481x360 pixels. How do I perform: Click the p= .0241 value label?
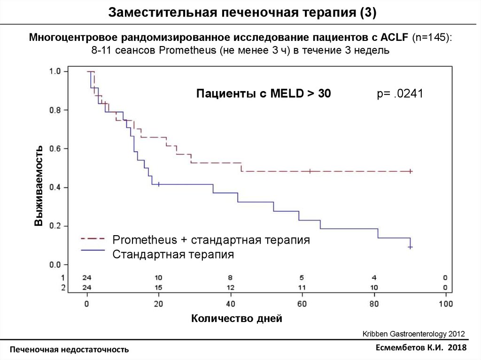400,94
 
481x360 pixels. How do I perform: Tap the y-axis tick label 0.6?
55,149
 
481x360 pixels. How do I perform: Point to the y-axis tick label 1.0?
55,71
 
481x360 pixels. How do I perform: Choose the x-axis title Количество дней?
237,319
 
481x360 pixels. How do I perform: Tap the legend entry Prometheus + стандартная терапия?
211,240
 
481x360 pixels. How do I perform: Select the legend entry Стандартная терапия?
173,255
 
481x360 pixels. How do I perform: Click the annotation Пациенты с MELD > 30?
263,94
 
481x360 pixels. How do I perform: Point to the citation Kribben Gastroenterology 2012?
413,334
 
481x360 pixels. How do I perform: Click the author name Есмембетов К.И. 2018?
421,347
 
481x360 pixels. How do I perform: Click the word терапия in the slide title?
330,13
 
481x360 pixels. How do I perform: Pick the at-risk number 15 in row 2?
158,287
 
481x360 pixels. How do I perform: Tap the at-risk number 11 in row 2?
302,287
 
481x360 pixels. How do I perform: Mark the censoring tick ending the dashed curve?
411,171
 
